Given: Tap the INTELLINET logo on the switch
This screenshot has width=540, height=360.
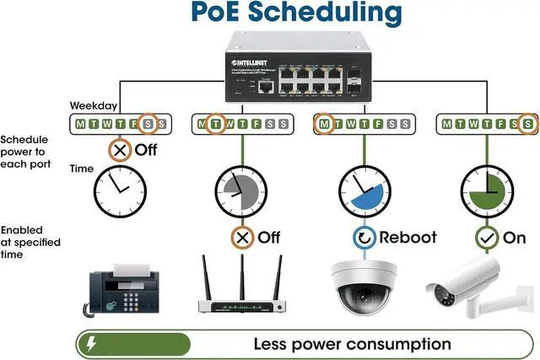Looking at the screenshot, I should [x=251, y=62].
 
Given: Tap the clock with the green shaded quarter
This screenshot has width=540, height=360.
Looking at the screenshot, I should [x=485, y=191].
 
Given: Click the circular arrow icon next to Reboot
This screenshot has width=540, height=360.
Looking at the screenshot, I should [x=363, y=237].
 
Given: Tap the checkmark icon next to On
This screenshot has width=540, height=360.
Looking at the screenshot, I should [x=485, y=238].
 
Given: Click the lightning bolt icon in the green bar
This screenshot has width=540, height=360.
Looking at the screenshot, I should [x=90, y=344].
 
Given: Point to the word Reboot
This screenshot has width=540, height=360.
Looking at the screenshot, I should [x=408, y=237].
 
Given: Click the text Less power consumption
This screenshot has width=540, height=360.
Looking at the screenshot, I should [x=352, y=344].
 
